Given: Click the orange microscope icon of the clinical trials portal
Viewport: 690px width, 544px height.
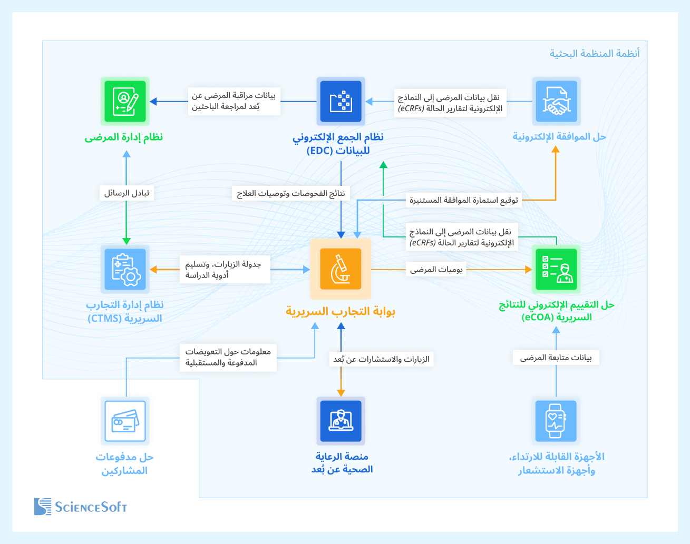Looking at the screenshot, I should pyautogui.click(x=341, y=269).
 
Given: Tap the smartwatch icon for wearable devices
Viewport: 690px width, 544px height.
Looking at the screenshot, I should pyautogui.click(x=556, y=421).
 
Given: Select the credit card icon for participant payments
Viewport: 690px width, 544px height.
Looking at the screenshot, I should pyautogui.click(x=125, y=421).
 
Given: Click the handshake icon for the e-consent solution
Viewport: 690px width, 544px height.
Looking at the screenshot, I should pyautogui.click(x=556, y=102).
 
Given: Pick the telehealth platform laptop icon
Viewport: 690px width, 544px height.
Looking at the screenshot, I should pyautogui.click(x=341, y=421).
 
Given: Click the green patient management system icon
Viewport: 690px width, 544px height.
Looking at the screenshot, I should pyautogui.click(x=125, y=102).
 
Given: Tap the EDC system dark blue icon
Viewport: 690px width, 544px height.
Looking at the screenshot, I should pyautogui.click(x=341, y=102).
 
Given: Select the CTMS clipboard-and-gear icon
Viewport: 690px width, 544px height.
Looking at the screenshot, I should pyautogui.click(x=125, y=269).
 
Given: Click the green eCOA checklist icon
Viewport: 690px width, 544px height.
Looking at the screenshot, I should pyautogui.click(x=556, y=269).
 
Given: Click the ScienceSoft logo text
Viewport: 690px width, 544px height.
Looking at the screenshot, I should pyautogui.click(x=91, y=507).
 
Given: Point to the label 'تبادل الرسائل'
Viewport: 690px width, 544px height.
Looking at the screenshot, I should pyautogui.click(x=127, y=193).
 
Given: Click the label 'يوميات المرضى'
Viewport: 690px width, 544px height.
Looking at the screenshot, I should pyautogui.click(x=436, y=270).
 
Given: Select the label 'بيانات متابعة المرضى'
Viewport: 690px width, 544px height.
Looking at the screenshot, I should pyautogui.click(x=556, y=358).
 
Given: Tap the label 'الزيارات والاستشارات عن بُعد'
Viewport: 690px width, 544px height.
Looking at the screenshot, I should pyautogui.click(x=381, y=360).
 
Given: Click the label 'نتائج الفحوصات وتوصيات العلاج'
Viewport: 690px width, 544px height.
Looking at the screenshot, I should pyautogui.click(x=291, y=193).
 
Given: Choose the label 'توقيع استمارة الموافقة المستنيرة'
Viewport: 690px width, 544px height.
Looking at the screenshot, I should pyautogui.click(x=464, y=201).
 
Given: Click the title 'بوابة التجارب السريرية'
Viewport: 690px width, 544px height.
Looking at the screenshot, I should pyautogui.click(x=341, y=311).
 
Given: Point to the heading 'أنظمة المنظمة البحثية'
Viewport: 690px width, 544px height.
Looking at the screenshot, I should pyautogui.click(x=595, y=54).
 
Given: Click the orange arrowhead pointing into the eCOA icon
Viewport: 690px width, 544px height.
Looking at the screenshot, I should pyautogui.click(x=528, y=270).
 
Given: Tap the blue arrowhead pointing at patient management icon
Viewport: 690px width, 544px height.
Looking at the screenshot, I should pyautogui.click(x=153, y=102).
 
